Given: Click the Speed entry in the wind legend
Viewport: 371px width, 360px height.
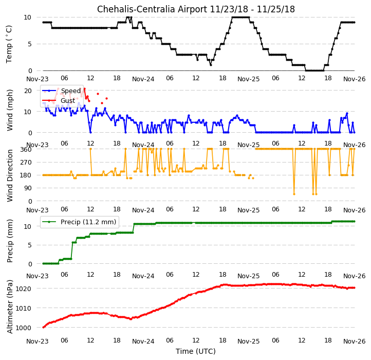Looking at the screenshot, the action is pos(71,91).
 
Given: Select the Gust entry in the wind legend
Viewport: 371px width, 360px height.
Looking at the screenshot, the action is pos(68,101).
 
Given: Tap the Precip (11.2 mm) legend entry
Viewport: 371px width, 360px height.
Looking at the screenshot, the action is pos(88,222).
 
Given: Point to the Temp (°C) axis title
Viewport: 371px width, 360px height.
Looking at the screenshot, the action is pos(9,44).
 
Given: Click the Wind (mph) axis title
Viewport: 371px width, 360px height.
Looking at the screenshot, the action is pos(10,110).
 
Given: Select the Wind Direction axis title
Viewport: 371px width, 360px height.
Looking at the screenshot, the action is pos(10,175).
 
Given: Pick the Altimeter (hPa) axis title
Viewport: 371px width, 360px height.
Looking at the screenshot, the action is pos(10,307).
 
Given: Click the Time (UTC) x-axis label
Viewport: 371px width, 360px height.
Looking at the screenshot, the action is pos(196,351).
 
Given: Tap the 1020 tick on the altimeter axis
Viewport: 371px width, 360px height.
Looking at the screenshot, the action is pos(24,289).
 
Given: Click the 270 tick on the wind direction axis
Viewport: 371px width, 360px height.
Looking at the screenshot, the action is pos(27,163).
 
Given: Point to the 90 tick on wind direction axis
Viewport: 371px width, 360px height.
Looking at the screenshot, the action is pos(28,188).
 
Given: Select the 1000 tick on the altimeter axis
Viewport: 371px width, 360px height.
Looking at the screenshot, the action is pos(24,328).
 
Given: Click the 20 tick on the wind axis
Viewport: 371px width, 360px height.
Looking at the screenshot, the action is pos(28,91).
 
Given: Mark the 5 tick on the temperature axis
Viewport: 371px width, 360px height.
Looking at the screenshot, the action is pos(30,44).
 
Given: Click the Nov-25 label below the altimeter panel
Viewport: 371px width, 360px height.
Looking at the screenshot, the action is pos(248,341).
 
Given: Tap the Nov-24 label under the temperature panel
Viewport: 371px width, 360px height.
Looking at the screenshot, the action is pos(143,79).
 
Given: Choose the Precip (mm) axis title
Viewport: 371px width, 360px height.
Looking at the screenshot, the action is pos(10,241).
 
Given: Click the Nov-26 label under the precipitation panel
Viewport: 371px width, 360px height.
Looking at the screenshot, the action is pos(355,276).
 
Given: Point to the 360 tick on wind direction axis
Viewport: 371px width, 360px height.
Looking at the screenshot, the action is pos(26,150).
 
